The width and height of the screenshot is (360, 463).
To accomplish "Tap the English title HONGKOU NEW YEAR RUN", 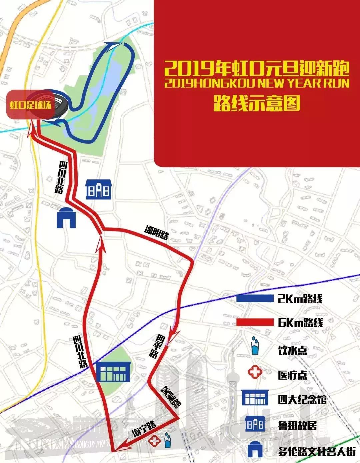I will [257, 83].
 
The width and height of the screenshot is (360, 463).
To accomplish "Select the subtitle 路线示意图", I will [257, 102].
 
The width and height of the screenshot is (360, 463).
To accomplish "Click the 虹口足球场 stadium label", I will [30, 105].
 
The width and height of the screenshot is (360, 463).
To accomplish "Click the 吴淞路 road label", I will [171, 397].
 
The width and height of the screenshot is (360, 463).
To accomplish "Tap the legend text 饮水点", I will [292, 350].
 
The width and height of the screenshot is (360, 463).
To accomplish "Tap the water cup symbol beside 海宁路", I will [167, 440].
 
